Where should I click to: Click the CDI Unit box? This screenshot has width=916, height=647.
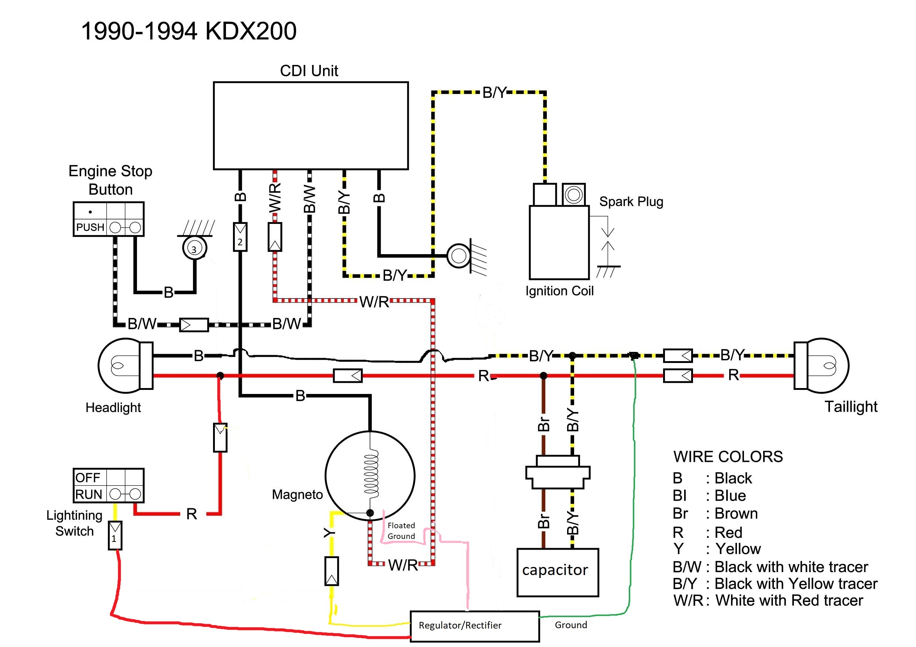tap(311, 125)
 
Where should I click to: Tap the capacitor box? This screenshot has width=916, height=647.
tap(558, 572)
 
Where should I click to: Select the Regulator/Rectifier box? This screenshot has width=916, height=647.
tap(474, 626)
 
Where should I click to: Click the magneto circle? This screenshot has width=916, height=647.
tap(370, 475)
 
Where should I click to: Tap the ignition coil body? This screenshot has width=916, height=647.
tap(559, 242)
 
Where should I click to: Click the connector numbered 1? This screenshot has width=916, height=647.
tap(115, 535)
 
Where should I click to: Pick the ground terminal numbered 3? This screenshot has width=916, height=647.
tap(194, 249)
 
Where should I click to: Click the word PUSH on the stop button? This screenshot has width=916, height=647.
tap(90, 227)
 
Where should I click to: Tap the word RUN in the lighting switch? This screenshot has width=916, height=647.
tap(89, 494)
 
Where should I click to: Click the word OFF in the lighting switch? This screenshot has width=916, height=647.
tap(88, 478)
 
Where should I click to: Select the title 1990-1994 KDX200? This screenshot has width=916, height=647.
tap(189, 31)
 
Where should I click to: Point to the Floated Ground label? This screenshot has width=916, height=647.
tap(401, 530)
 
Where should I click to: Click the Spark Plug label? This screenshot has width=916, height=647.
tap(631, 202)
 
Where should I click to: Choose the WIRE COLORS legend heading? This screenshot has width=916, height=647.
tap(728, 456)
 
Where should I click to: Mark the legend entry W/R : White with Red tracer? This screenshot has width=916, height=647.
tap(768, 601)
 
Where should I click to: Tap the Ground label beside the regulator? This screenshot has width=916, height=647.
tap(570, 624)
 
